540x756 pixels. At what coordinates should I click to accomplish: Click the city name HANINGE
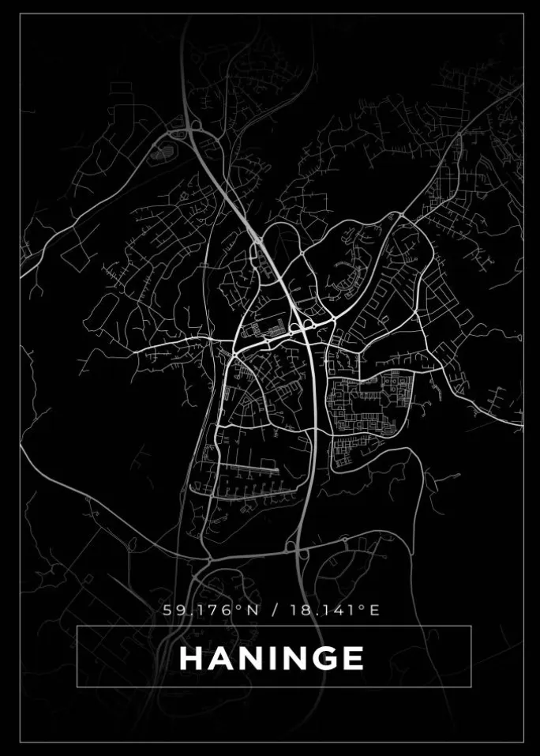click(x=272, y=658)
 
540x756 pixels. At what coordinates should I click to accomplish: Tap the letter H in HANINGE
click(x=190, y=658)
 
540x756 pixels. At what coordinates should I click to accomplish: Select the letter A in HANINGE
click(x=219, y=658)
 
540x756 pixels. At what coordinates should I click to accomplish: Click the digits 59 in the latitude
click(x=170, y=610)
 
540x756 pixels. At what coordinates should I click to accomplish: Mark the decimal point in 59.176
click(x=182, y=614)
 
